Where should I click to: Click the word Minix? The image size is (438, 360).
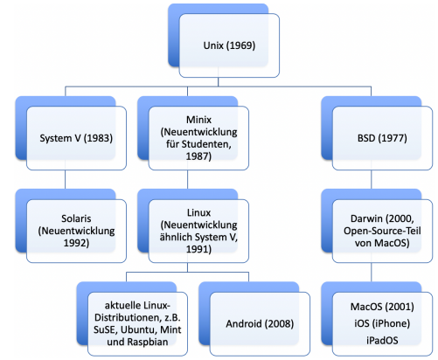coord(198,120)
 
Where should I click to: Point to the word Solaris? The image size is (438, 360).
coord(76,218)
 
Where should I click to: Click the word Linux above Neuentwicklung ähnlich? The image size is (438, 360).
coord(198,212)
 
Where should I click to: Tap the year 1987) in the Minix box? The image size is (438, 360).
coord(198,156)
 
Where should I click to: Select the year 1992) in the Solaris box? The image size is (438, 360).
coord(76,243)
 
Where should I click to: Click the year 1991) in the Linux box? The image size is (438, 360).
coord(198,249)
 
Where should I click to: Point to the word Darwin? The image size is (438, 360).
coord(366,218)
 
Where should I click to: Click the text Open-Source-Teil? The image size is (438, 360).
coord(382,231)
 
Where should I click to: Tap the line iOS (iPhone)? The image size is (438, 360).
coord(382,323)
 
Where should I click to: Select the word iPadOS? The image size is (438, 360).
coord(382,340)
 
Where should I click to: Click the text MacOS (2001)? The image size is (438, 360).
coord(382,307)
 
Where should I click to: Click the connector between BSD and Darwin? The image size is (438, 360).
coord(372,179)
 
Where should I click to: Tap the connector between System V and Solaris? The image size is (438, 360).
coord(66,179)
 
